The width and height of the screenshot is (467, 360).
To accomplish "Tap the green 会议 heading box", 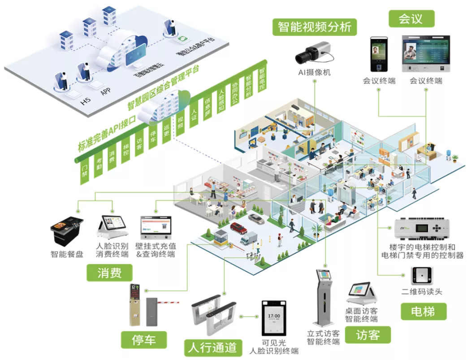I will pyautogui.click(x=411, y=19).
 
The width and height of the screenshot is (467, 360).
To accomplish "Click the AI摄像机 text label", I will pyautogui.click(x=314, y=72).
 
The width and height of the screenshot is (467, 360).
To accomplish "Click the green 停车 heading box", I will pyautogui.click(x=143, y=340).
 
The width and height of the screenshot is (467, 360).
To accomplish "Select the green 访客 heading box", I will pyautogui.click(x=368, y=334).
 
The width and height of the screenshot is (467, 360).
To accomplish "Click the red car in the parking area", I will pyautogui.click(x=238, y=229).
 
